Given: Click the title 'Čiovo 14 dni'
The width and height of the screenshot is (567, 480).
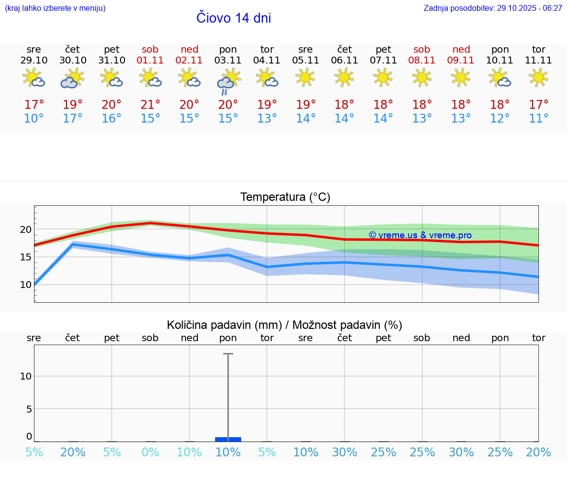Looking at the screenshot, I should tap(233, 18).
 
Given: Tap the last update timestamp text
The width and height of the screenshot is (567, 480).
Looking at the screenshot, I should tap(493, 8).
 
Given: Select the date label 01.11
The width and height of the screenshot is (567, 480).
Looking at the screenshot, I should tap(151, 61).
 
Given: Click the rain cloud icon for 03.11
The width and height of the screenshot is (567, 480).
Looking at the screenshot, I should tap(228, 82).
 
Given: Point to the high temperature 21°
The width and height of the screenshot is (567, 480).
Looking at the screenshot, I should tap(151, 105).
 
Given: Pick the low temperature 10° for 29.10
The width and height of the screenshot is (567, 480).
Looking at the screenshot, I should tap(34, 119).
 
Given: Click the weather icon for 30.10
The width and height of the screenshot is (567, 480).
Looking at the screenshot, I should tap(73, 78).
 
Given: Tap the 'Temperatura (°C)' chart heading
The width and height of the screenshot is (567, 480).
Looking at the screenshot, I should tap(285, 197).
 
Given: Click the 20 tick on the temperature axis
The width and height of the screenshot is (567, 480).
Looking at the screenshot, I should tap(26, 229).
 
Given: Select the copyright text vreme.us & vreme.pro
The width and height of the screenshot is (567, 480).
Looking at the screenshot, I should tap(420, 235).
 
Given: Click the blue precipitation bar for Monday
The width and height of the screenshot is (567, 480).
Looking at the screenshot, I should tap(228, 439).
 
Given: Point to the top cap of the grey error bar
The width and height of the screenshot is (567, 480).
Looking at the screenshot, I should tap(228, 353).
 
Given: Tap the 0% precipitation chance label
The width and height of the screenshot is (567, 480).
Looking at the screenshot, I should tap(151, 452).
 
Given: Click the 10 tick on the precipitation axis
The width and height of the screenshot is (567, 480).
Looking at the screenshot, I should tap(26, 376).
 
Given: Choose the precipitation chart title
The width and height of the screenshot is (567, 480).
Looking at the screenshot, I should tap(284, 325).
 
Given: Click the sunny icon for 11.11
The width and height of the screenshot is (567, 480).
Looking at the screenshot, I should tap(538, 77).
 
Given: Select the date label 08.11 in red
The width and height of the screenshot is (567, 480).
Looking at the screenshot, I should tap(422, 61).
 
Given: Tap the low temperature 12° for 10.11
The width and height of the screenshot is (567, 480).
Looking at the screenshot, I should tap(500, 119).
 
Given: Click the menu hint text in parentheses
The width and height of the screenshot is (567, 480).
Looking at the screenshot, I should tap(55, 8).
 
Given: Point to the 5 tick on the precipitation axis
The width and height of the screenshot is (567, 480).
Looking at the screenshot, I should tap(29, 409).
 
